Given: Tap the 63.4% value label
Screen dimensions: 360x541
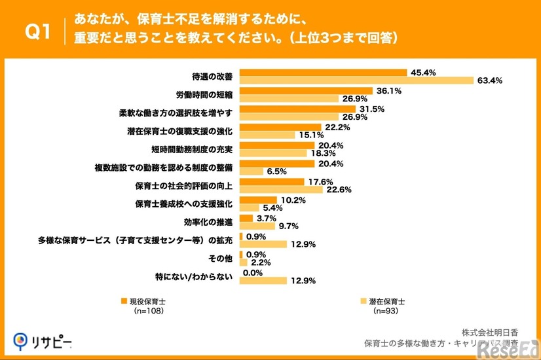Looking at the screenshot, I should (x=489, y=81).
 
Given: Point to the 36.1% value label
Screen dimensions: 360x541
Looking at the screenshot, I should (x=387, y=90).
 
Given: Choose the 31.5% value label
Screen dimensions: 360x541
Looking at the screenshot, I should (x=370, y=109).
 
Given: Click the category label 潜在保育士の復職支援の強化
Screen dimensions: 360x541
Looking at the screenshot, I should (x=180, y=132).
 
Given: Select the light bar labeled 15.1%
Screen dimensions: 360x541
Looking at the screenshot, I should (x=267, y=135).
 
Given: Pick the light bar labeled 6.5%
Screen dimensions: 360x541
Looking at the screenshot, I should (x=252, y=172).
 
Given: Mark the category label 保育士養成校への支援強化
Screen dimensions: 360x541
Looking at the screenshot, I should (x=184, y=204).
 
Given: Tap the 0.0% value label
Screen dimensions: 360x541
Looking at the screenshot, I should (x=253, y=272).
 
